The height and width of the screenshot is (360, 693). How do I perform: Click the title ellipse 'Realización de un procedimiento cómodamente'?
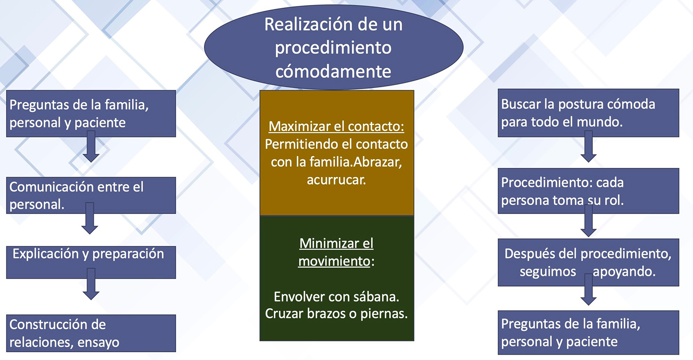pyautogui.click(x=333, y=47)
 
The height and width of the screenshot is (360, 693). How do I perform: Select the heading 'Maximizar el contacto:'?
pyautogui.click(x=336, y=126)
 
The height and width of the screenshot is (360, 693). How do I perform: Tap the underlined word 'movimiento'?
pyautogui.click(x=334, y=262)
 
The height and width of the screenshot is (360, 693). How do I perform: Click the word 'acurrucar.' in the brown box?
pyautogui.click(x=336, y=180)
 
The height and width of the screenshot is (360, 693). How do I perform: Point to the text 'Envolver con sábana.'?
pyautogui.click(x=336, y=297)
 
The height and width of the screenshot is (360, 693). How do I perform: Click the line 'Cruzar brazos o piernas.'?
pyautogui.click(x=336, y=314)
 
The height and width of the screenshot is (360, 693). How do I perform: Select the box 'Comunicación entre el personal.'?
pyautogui.click(x=91, y=196)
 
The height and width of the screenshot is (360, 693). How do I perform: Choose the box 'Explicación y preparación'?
pyautogui.click(x=91, y=262)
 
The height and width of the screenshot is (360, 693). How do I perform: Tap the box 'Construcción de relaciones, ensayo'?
pyautogui.click(x=91, y=333)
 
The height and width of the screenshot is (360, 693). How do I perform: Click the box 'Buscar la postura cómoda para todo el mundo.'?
pyautogui.click(x=588, y=113)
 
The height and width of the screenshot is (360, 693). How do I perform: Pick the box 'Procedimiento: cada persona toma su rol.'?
pyautogui.click(x=588, y=191)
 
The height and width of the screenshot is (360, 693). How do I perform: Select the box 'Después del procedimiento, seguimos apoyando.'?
pyautogui.click(x=588, y=262)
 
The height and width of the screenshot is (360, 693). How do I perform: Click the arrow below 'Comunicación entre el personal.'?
pyautogui.click(x=90, y=218)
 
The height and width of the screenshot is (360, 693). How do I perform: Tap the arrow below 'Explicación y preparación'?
pyautogui.click(x=91, y=284)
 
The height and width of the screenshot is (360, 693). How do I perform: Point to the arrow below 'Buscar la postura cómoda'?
pyautogui.click(x=588, y=146)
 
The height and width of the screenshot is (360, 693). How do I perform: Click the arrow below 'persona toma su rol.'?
pyautogui.click(x=588, y=221)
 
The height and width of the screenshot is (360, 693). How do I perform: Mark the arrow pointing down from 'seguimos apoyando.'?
pyautogui.click(x=588, y=289)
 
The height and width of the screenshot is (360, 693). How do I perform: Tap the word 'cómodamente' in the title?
pyautogui.click(x=333, y=72)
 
